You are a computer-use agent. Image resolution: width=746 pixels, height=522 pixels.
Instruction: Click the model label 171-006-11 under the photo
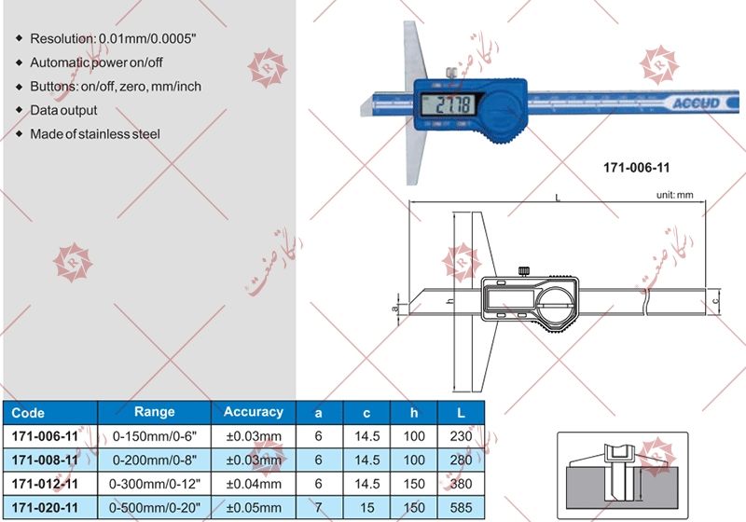tap(637, 168)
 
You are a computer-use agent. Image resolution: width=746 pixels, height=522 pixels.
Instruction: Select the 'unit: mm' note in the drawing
tap(677, 196)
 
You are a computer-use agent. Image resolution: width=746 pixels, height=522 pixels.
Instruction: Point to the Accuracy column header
tap(254, 411)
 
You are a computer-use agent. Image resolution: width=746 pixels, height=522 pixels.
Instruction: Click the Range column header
tap(155, 411)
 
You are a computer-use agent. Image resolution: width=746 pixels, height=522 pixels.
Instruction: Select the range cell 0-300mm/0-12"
tap(154, 484)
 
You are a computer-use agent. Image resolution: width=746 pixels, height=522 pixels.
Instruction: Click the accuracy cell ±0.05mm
tap(254, 507)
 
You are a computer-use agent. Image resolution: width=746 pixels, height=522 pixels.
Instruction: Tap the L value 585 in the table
tap(460, 507)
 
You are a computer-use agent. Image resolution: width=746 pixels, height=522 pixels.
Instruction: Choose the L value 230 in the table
tap(460, 435)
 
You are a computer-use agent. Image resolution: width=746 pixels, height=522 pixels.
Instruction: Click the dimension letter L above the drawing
tap(557, 199)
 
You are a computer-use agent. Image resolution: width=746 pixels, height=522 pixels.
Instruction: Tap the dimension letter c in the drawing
tap(715, 302)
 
